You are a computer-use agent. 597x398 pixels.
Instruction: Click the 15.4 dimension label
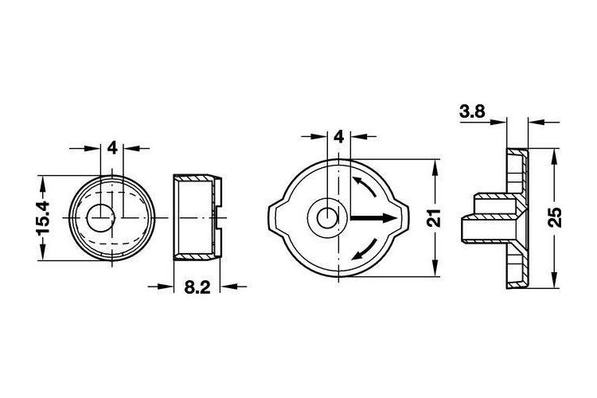44,218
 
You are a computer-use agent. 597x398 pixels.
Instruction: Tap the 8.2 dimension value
197,287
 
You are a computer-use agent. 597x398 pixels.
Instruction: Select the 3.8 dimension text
472,112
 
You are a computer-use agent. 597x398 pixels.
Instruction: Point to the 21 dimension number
434,218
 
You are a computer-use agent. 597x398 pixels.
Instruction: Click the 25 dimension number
556,217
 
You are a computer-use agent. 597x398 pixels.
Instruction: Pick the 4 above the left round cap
112,148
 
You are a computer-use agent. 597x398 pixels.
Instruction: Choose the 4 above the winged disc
338,136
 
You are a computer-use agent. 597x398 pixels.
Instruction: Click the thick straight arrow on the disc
374,218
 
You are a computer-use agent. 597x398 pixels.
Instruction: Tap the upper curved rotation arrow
365,185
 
